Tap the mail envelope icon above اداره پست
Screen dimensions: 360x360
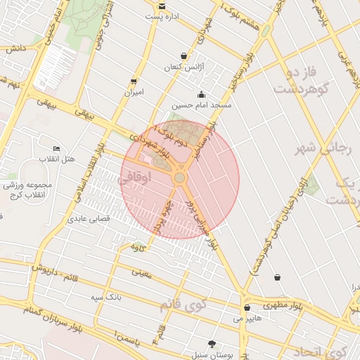pyautogui.click(x=162, y=6)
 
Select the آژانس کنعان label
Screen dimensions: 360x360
pyautogui.click(x=183, y=67)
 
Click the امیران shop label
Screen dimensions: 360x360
pyautogui.click(x=134, y=92)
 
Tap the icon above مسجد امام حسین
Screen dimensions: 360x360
pyautogui.click(x=202, y=95)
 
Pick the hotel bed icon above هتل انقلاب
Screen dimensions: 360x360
pyautogui.click(x=56, y=148)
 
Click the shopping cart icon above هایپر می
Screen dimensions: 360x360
pyautogui.click(x=247, y=307)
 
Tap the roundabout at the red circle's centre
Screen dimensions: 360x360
pyautogui.click(x=180, y=179)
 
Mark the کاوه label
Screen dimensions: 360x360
pyautogui.click(x=138, y=247)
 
